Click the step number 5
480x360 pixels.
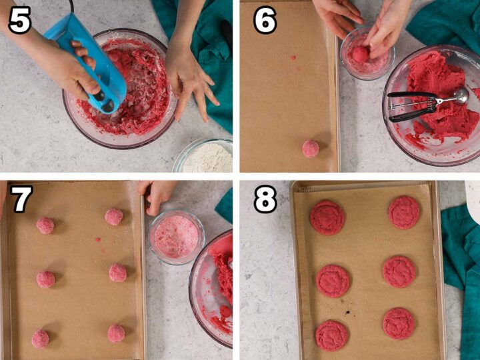[20, 20]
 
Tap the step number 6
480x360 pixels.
[265, 20]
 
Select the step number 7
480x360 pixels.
[21, 199]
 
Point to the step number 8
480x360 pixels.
[265, 199]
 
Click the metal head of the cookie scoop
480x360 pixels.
[461, 96]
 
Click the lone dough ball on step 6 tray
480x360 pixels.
[311, 149]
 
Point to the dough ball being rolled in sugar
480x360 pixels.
[360, 53]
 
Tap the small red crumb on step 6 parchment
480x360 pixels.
[293, 57]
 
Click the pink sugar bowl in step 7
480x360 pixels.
[177, 237]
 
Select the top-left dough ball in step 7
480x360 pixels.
[45, 225]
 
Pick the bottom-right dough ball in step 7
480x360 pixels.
[117, 333]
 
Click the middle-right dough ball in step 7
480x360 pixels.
[118, 273]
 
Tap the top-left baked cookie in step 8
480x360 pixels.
[327, 217]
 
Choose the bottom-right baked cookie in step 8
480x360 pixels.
[399, 324]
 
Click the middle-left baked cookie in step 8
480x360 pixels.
[333, 281]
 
